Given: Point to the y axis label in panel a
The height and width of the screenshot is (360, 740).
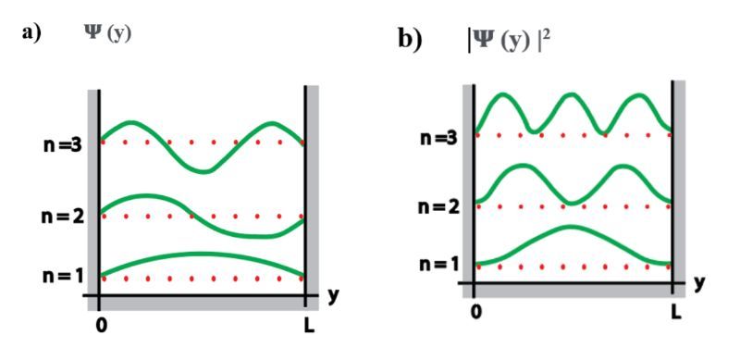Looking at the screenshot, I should coord(335,296).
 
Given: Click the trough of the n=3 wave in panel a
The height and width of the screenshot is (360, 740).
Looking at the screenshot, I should coord(205,171).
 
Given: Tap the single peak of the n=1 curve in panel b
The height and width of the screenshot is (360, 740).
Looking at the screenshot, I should coord(571,227).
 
